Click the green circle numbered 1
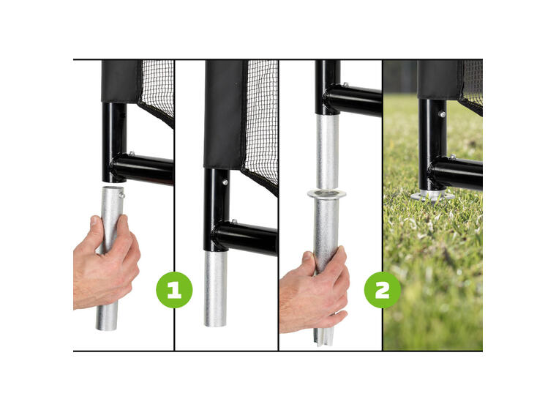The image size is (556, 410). tap(174, 290)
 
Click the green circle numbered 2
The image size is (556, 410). tap(382, 290)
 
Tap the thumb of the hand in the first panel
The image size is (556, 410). tap(97, 234)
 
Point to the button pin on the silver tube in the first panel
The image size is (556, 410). tap(121, 195)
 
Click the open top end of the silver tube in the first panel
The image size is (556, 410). tap(113, 189)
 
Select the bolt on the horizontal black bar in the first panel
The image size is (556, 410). tap(131, 154)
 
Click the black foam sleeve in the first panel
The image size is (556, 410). tap(121, 81)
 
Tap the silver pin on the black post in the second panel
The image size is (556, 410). tap(225, 182)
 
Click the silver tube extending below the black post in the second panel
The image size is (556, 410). tap(215, 288)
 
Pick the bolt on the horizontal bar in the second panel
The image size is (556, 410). tap(234, 222)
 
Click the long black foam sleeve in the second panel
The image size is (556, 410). tap(225, 114)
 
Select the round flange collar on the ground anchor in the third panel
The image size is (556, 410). tap(326, 194)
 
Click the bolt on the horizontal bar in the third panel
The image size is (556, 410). tap(345, 85)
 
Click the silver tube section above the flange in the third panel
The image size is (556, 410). tap(327, 152)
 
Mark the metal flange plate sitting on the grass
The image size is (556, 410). tap(432, 196)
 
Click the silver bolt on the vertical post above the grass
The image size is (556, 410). tap(442, 114)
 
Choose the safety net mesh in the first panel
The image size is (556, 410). tap(158, 89)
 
